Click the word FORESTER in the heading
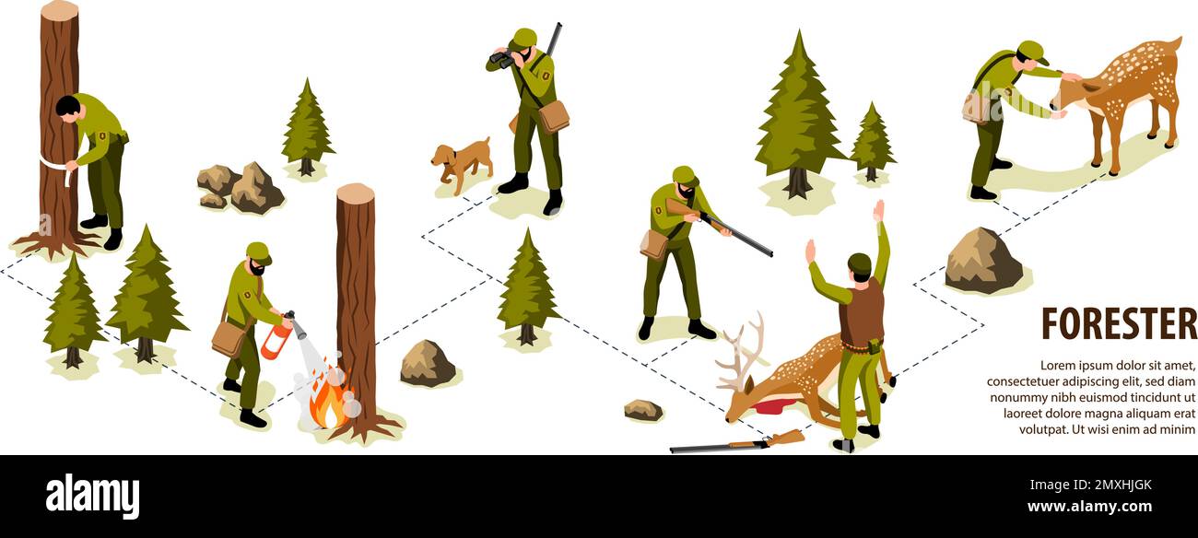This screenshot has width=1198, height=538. click(1118, 323)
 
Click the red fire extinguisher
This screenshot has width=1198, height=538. click(276, 341)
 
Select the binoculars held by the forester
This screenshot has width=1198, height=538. click(500, 59)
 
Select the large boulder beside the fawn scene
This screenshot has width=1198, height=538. click(982, 261)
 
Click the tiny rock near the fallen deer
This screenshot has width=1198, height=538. click(642, 409)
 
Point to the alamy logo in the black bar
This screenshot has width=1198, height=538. click(92, 497)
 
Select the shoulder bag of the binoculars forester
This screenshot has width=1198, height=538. click(554, 116)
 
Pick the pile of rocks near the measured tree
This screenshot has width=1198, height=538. click(241, 188)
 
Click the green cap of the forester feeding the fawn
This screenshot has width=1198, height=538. click(1031, 50)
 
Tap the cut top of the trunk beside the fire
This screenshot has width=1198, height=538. click(355, 193)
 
